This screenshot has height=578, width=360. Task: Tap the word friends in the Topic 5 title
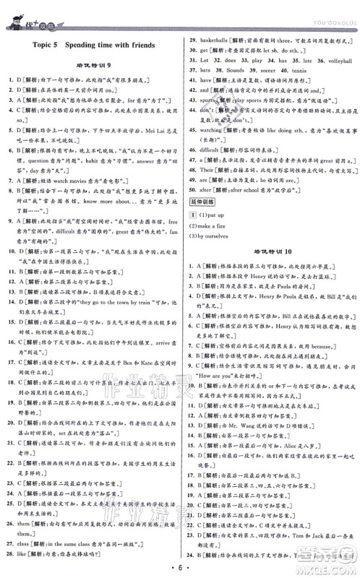(141, 45)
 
